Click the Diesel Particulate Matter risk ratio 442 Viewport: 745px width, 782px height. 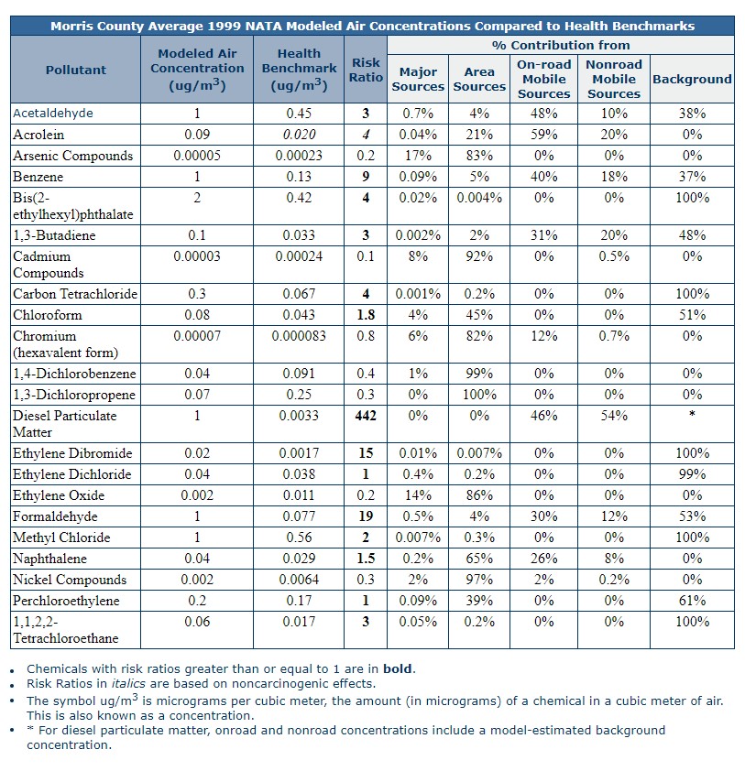click(366, 416)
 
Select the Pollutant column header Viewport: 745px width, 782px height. click(76, 70)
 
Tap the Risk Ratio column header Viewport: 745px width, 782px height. click(366, 70)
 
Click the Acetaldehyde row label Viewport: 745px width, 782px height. click(53, 114)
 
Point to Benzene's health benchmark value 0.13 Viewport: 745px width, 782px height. click(299, 177)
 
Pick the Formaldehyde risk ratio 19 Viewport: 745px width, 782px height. click(366, 516)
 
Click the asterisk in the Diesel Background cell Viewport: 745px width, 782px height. click(692, 414)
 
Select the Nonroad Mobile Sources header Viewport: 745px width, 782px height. click(614, 79)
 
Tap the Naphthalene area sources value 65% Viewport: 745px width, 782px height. click(479, 558)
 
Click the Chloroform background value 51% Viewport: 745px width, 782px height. click(692, 315)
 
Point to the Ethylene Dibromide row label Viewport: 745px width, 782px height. click(72, 453)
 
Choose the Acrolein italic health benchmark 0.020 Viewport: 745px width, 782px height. click(299, 135)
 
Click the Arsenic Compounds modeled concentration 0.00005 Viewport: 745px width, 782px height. click(197, 156)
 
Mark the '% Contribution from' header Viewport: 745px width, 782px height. click(561, 46)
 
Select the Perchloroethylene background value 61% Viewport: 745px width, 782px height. click(692, 601)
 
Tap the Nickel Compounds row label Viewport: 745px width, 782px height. click(70, 580)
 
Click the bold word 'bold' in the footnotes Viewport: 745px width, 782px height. click(398, 668)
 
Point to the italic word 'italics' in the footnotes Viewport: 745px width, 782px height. click(128, 683)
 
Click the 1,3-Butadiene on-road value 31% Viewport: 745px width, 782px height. click(544, 235)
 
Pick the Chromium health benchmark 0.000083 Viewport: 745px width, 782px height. click(299, 336)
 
